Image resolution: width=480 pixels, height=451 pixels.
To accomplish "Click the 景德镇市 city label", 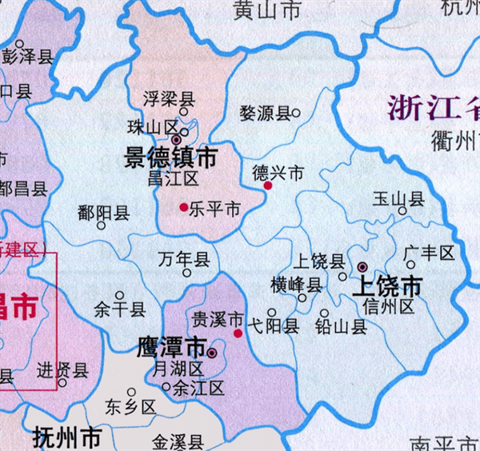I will click(170, 158).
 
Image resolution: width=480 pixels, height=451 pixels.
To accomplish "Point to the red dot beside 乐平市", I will click(184, 207).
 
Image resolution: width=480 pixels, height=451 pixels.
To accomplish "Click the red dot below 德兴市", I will click(268, 186).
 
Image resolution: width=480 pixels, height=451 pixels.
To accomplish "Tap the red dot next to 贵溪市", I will click(238, 333).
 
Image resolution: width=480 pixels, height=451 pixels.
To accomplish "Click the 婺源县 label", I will click(265, 114).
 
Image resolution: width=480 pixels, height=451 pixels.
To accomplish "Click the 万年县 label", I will click(183, 259).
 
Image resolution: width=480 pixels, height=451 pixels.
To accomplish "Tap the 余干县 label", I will click(120, 309).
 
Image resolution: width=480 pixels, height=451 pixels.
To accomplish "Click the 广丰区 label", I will click(429, 253).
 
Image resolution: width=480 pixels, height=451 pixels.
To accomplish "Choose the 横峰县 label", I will click(296, 284).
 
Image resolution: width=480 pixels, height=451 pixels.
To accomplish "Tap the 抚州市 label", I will click(68, 437).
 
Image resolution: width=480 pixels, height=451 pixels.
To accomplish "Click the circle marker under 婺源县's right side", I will click(296, 113).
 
